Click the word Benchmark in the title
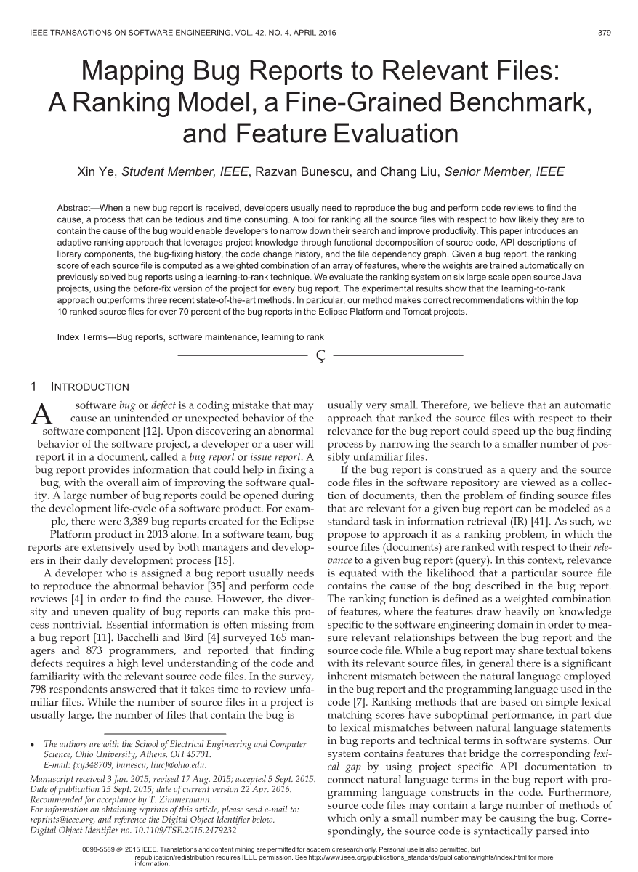517,103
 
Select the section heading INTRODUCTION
90,387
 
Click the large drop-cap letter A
44,414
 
